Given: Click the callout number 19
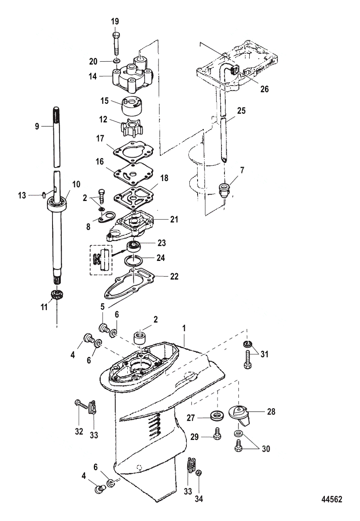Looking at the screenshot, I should (x=115, y=21).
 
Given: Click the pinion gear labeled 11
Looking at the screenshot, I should (x=56, y=294).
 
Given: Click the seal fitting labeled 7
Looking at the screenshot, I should (x=225, y=190).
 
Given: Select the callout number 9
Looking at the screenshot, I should (x=37, y=126).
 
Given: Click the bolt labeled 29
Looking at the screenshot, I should (x=217, y=435).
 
